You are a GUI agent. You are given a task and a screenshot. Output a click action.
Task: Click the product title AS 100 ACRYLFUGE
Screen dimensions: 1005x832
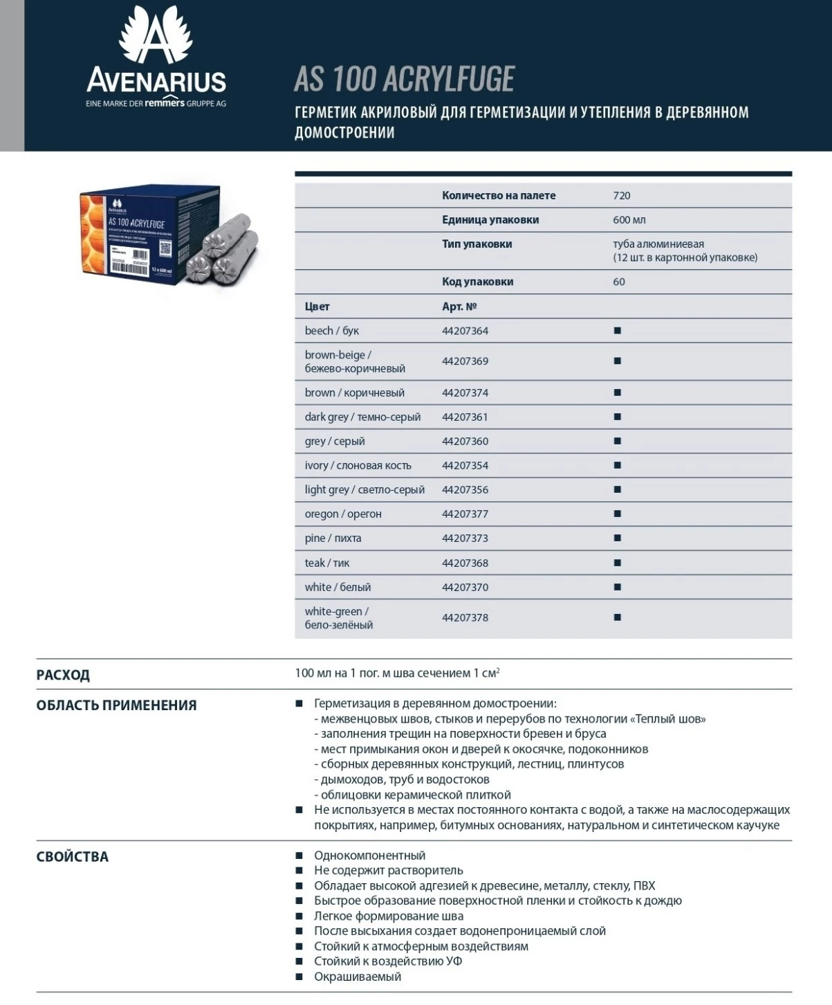click(404, 79)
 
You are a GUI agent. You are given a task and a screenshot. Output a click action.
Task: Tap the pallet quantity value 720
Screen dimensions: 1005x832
click(621, 196)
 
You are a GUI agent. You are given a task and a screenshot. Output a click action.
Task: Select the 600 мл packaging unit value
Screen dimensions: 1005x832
click(629, 220)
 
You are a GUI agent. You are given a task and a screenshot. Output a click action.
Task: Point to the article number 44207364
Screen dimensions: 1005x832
click(465, 331)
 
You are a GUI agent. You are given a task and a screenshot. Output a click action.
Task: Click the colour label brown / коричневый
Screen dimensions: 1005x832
click(354, 393)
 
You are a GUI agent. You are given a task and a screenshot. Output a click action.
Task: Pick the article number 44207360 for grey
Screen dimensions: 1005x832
click(465, 442)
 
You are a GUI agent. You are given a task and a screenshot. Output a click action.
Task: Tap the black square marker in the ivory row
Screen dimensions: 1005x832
click(618, 466)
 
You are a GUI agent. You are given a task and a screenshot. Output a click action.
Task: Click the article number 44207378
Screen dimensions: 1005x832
click(465, 617)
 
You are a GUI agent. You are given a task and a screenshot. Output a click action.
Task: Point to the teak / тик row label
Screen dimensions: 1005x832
click(326, 563)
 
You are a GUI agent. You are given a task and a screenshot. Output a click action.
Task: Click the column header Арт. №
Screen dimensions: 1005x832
click(459, 307)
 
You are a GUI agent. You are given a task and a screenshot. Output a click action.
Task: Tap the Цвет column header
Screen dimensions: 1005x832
click(317, 307)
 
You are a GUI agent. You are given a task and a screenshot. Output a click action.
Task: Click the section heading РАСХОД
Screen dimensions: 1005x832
click(63, 675)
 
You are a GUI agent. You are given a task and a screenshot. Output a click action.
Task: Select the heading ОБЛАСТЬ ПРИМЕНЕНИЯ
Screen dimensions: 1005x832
click(116, 705)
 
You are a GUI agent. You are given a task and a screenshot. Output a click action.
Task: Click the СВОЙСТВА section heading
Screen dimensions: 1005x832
click(72, 857)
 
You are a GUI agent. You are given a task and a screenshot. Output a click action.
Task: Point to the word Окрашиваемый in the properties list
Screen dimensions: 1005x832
click(358, 977)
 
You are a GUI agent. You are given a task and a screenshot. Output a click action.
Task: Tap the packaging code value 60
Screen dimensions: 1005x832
click(619, 282)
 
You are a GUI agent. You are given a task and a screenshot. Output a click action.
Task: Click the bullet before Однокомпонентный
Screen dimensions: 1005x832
click(299, 856)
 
